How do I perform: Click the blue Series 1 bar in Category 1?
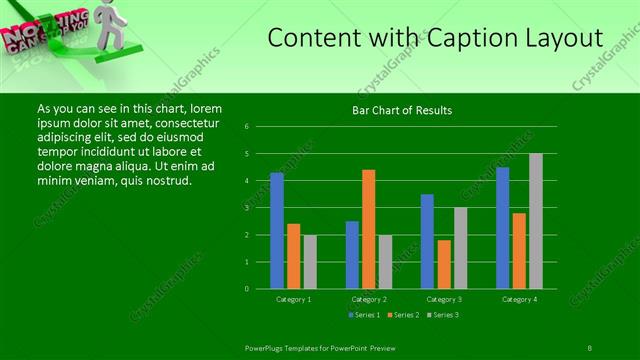click(x=276, y=231)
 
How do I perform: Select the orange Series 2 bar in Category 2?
click(x=368, y=229)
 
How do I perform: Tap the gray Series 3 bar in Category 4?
click(x=536, y=221)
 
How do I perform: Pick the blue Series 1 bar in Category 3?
click(x=427, y=241)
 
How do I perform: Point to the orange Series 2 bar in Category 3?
click(x=444, y=264)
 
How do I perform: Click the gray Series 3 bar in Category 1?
click(x=310, y=262)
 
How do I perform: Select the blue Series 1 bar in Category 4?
click(x=502, y=228)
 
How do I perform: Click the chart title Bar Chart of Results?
click(x=402, y=110)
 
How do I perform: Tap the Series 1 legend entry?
click(x=364, y=315)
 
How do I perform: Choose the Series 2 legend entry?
click(x=402, y=315)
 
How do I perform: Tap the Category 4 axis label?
click(x=519, y=299)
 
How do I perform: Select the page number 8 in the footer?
click(x=590, y=347)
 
